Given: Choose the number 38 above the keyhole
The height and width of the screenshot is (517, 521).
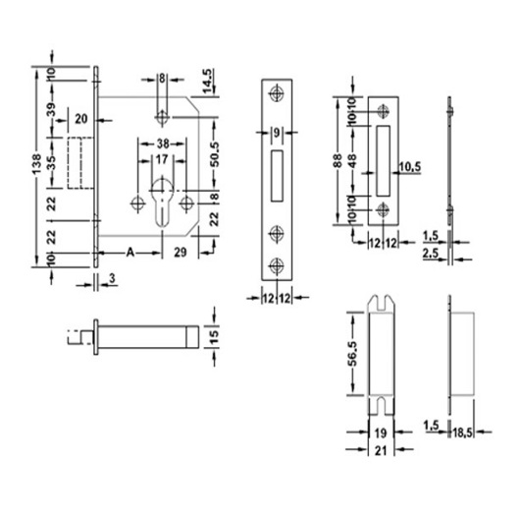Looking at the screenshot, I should coord(161,143).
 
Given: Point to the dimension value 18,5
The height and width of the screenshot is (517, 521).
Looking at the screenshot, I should coord(467,430).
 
